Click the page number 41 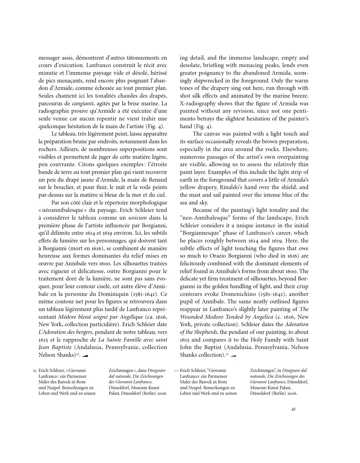tap(293, 409)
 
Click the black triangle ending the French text tap(85, 356)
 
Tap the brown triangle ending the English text tap(233, 356)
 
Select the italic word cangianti tap(82, 103)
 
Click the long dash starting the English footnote tap(176, 370)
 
